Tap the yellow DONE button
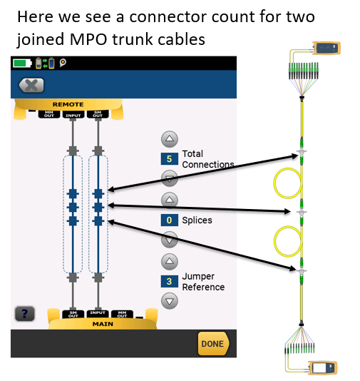click(213, 344)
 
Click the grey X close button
click(31, 86)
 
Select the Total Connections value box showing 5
click(169, 159)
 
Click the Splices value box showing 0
click(169, 220)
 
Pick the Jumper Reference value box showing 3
click(169, 281)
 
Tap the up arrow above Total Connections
click(170, 139)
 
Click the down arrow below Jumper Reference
click(170, 301)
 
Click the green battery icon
click(22, 63)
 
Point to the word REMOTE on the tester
click(68, 104)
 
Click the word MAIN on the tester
click(103, 324)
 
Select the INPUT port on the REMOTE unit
click(73, 115)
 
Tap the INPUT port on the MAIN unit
click(98, 313)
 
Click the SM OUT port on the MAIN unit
click(73, 314)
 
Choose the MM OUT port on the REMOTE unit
click(49, 114)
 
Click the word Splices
click(197, 220)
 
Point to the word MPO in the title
click(88, 39)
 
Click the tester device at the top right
click(326, 48)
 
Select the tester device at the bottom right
click(323, 367)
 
